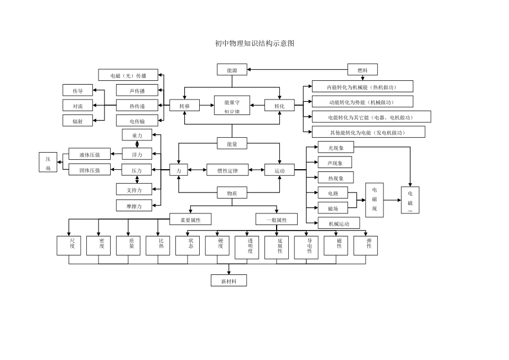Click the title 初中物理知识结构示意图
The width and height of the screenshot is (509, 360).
click(254, 43)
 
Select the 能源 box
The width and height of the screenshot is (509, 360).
click(232, 70)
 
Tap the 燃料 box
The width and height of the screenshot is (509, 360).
click(362, 70)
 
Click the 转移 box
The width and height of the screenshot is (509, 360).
click(184, 106)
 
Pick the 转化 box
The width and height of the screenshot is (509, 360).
click(279, 106)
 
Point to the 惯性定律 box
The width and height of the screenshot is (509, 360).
click(227, 171)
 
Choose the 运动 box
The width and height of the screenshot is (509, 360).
click(279, 171)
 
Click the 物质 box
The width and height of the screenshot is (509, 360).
click(232, 193)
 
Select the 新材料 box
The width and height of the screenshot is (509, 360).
click(228, 281)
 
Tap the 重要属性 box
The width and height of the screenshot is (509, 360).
click(190, 220)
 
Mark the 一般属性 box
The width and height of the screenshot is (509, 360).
click(276, 220)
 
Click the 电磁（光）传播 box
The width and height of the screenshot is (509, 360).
click(128, 75)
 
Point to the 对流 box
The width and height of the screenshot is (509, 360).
click(77, 106)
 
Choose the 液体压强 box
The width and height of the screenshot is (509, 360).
click(89, 154)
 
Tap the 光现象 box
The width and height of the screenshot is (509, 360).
click(336, 148)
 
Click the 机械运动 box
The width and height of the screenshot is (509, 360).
click(339, 223)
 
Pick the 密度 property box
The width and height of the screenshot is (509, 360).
click(102, 245)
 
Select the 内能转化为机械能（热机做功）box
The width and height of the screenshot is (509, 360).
click(362, 87)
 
